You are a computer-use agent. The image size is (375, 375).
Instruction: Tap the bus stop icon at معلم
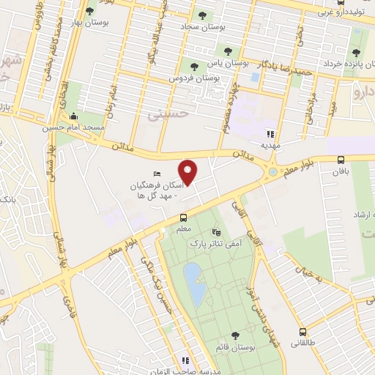(x=183, y=217)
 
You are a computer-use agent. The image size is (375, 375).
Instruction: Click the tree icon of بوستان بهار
(x=90, y=11)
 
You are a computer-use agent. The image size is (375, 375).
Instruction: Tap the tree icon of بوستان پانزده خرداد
(x=356, y=52)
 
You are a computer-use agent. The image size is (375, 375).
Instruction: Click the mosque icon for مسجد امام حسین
(x=73, y=116)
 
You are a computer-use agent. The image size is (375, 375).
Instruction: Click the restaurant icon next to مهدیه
(x=270, y=134)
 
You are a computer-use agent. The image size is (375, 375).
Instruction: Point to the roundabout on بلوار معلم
(x=273, y=171)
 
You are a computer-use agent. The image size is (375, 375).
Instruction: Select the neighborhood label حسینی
(x=163, y=116)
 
